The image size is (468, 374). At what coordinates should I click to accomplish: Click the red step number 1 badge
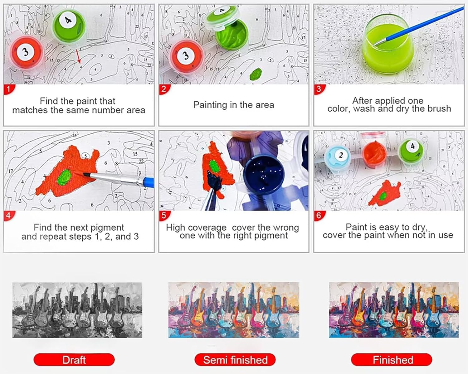coord(9,89)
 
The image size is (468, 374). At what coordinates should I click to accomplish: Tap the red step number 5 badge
coord(164,216)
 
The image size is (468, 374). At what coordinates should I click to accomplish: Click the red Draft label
coord(74,360)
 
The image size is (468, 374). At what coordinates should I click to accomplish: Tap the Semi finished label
coord(235,360)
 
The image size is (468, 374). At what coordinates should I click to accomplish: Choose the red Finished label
coord(392,360)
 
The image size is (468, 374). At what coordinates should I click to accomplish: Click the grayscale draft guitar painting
coord(77,310)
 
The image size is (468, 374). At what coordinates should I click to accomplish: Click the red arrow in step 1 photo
coord(78,56)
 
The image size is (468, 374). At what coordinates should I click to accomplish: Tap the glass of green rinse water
coord(388,45)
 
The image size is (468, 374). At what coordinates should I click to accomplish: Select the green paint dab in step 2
coord(256,74)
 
